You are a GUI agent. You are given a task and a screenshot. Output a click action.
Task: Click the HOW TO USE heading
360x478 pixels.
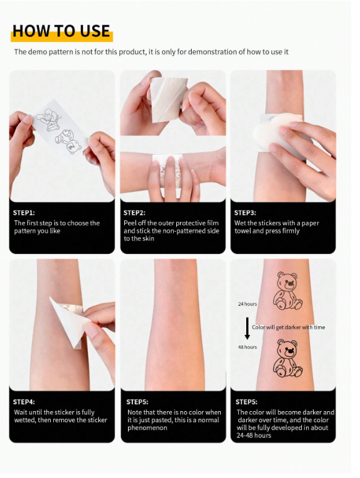61,31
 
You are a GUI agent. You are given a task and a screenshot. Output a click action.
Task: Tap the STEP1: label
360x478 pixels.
24,213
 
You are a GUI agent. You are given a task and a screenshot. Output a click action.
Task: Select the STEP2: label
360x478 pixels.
134,213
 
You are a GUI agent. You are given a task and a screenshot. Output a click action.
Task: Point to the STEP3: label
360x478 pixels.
245,213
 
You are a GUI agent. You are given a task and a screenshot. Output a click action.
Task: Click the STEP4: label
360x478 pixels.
24,402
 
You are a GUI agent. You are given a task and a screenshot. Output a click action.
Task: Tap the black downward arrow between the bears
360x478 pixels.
247,328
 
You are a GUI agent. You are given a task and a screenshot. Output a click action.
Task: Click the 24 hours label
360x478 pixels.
247,304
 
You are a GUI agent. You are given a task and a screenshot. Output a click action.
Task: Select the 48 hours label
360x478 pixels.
247,347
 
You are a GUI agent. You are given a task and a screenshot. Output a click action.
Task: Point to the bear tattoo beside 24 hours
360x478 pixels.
287,291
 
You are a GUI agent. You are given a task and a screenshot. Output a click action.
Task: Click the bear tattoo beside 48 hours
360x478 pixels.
287,358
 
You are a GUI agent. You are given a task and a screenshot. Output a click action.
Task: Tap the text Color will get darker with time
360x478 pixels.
288,327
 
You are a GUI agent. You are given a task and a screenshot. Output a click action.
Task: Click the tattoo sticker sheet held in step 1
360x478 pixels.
60,129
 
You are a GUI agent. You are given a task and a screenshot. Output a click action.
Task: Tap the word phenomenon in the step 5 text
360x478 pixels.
147,428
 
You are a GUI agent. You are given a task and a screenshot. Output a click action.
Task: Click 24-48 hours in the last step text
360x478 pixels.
254,435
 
